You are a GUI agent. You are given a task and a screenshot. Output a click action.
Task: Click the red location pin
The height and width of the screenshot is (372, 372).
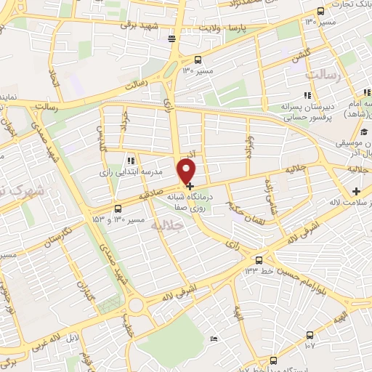pos(188,171)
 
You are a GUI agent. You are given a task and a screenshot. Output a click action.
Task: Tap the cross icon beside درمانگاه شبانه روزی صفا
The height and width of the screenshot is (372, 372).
pos(190,186)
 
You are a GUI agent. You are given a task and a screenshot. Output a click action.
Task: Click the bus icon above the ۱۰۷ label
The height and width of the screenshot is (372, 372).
pos(310,335)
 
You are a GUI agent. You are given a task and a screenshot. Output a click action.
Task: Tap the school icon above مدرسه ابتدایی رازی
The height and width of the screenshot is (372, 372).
pos(131,160)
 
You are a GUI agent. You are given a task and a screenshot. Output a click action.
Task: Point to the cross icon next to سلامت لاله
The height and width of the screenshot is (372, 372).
pos(356,191)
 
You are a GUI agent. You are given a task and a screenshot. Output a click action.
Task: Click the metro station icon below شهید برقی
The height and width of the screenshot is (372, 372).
pos(171,39)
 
